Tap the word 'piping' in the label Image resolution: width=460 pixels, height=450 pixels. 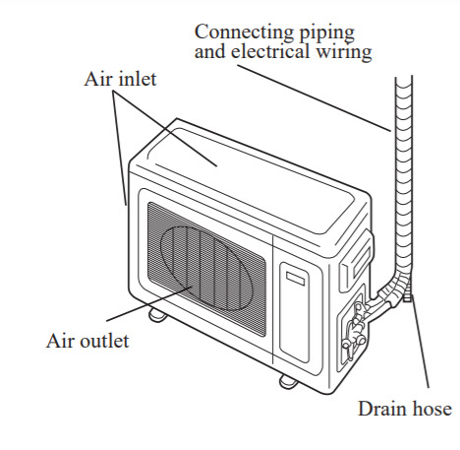pos(326,33)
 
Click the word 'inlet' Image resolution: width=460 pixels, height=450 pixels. pos(137,79)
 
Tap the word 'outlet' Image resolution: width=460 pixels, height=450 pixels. pos(104,341)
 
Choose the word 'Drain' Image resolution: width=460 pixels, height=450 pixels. pos(381,409)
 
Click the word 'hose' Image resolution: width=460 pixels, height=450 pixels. pos(431,409)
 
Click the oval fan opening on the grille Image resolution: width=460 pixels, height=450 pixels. pos(206,268)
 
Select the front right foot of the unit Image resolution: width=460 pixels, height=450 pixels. pos(288,382)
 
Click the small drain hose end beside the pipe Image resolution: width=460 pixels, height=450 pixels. pos(407,292)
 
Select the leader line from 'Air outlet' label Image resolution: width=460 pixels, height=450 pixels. pos(149,303)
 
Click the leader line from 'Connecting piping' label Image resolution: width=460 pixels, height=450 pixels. pos(315,97)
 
